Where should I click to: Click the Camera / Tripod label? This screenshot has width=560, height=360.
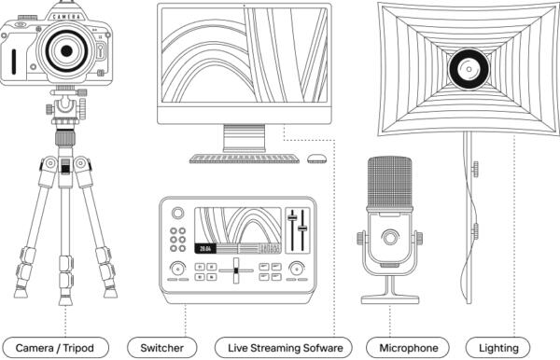62,348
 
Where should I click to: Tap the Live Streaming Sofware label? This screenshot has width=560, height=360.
284,348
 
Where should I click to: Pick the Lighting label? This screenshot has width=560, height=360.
498,348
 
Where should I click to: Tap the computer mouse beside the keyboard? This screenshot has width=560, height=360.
318,158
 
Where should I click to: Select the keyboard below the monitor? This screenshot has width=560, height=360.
245,158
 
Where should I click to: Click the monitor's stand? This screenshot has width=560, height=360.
245,139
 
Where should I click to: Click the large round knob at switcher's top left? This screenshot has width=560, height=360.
176,214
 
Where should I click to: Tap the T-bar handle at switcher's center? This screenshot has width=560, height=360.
236,270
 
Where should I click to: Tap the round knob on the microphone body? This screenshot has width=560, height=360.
390,240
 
